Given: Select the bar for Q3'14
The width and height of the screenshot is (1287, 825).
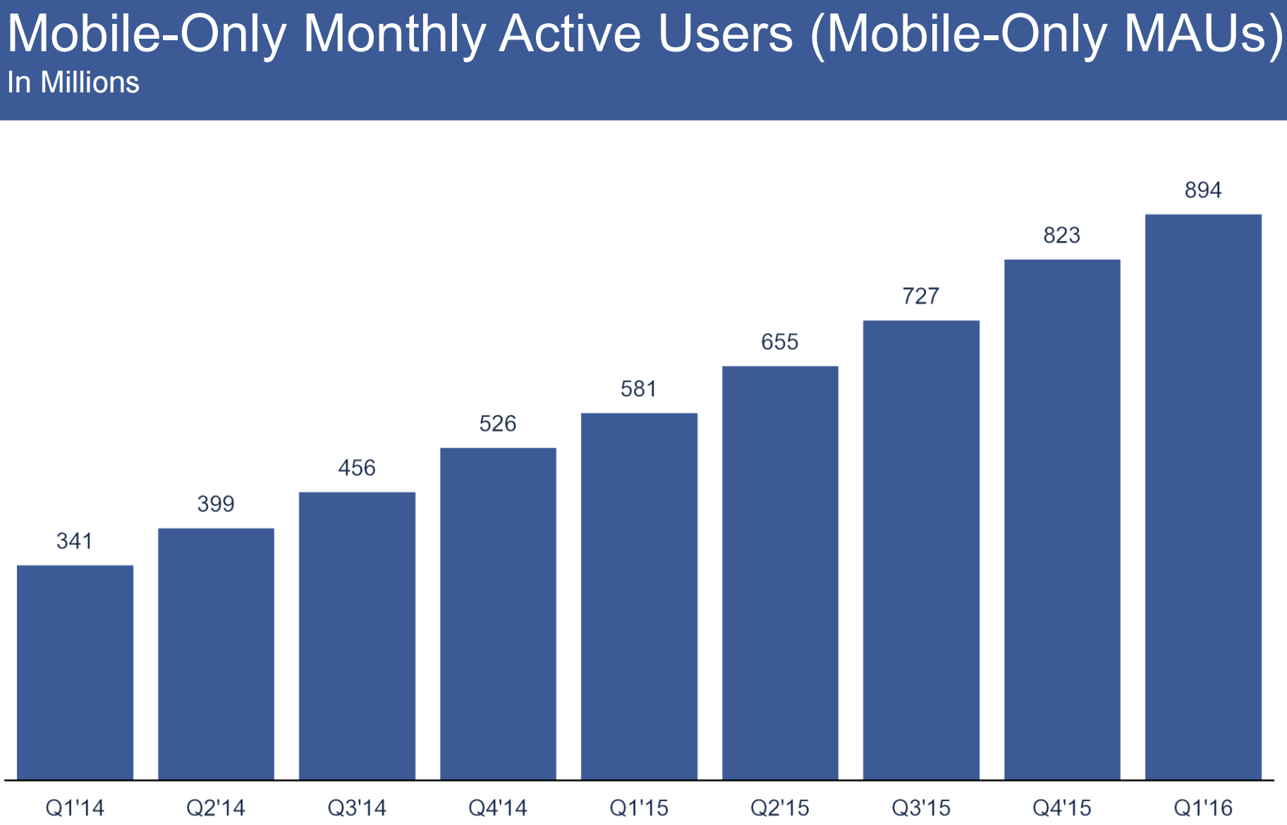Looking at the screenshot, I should click(357, 635).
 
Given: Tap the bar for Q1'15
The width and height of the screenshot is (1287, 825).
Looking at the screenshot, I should click(639, 596).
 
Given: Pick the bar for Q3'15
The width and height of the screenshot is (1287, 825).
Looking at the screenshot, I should click(921, 550).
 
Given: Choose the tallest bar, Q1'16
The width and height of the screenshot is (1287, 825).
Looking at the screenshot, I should click(1203, 496).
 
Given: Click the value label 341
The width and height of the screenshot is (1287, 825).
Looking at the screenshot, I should click(75, 541).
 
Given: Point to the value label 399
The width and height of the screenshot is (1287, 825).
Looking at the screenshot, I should click(216, 503).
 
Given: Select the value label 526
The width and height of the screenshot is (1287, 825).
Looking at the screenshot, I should click(498, 423).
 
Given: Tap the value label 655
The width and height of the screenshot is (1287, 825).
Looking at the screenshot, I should click(780, 342).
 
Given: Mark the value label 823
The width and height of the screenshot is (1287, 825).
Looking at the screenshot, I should click(1062, 235).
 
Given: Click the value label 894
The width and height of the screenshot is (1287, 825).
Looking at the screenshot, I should click(1203, 190).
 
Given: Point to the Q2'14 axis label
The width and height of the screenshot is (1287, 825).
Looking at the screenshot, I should click(216, 807).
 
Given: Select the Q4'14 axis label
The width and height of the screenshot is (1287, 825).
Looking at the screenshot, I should click(498, 807).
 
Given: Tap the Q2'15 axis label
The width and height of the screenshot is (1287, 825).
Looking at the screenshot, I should click(780, 807).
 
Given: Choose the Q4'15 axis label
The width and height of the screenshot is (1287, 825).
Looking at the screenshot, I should click(1062, 807).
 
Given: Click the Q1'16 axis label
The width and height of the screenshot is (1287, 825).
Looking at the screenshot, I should click(1203, 807).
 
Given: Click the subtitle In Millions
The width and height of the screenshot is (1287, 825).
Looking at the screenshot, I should click(73, 82).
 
